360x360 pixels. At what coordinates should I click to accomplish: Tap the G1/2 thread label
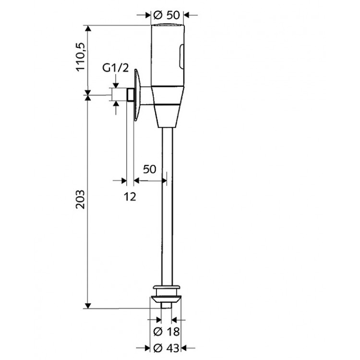click(x=116, y=68)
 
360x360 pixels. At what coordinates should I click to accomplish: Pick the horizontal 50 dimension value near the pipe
click(x=150, y=169)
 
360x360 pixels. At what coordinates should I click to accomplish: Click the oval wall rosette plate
click(x=136, y=94)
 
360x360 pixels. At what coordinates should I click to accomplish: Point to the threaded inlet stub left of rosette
click(x=130, y=94)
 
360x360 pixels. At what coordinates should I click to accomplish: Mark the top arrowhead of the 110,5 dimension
click(x=87, y=27)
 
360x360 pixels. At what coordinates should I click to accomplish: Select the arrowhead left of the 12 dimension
click(x=123, y=180)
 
